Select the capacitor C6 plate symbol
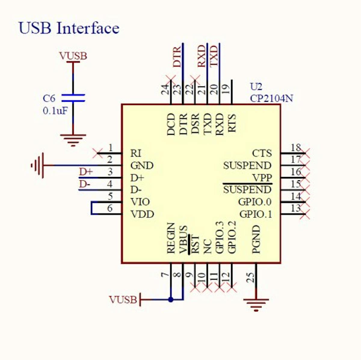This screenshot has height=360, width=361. [x=73, y=98]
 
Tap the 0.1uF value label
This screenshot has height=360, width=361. [x=55, y=111]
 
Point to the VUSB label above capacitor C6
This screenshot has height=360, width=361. [x=73, y=56]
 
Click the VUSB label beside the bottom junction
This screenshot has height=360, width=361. [x=123, y=299]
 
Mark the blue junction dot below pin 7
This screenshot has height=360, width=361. [x=171, y=299]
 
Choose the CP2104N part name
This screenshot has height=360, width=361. [x=271, y=98]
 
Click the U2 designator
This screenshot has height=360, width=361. [x=256, y=87]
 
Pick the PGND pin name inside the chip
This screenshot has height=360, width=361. [x=256, y=239]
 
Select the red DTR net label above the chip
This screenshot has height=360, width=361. [x=177, y=56]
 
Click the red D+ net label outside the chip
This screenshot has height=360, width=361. [x=86, y=172]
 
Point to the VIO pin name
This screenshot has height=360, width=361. [x=140, y=202]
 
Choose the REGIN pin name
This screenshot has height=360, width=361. [x=171, y=238]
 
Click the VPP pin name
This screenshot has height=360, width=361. [x=262, y=178]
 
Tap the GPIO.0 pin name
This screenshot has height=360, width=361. [x=255, y=202]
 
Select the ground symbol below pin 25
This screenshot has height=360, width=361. [x=256, y=304]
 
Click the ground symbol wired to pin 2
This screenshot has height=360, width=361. [x=38, y=165]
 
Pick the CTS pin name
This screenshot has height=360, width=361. [x=262, y=153]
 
